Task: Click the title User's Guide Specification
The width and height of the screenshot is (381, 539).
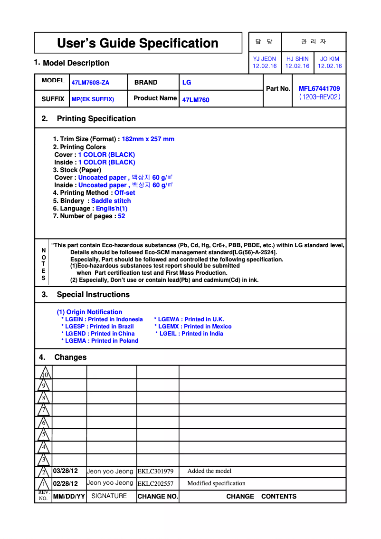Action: click(138, 43)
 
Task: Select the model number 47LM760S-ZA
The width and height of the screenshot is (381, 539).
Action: click(90, 83)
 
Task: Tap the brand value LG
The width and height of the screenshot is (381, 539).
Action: click(187, 82)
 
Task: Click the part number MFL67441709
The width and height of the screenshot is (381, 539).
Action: click(319, 88)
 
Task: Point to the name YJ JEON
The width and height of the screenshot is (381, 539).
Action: click(265, 59)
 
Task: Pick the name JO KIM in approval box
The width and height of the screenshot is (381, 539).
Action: click(330, 59)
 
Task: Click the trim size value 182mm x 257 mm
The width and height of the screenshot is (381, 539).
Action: click(148, 139)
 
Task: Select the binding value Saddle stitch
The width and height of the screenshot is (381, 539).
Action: click(111, 201)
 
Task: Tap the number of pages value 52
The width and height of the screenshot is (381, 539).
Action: click(122, 216)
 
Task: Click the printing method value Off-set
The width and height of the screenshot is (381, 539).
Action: click(124, 193)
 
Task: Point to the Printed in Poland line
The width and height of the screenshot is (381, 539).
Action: click(100, 341)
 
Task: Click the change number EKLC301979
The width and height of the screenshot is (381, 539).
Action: click(155, 472)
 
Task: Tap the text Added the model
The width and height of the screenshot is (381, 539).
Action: click(210, 471)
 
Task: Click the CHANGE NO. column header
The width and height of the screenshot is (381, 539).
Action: click(158, 497)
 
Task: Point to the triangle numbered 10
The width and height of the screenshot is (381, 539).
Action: click(44, 373)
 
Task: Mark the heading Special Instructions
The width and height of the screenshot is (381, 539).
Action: click(93, 295)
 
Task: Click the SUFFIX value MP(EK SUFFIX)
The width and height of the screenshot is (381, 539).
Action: click(93, 99)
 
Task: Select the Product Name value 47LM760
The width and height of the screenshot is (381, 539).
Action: click(196, 100)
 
